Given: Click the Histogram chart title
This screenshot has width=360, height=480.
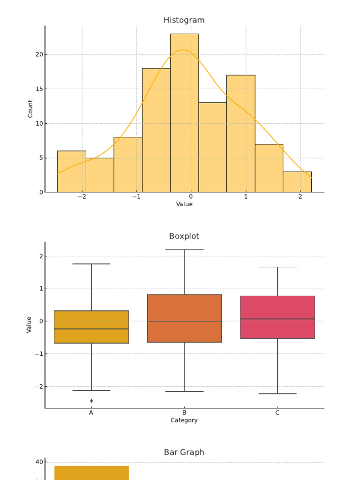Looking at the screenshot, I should tap(184, 20).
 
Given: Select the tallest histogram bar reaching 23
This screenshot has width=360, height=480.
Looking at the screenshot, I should tap(184, 112).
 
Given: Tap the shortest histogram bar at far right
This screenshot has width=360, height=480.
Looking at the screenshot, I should tap(297, 182).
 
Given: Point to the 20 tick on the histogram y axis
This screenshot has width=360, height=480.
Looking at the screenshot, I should tap(38, 54).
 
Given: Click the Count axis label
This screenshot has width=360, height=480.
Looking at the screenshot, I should tap(30, 109).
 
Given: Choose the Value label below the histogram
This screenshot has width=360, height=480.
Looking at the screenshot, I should tap(184, 204).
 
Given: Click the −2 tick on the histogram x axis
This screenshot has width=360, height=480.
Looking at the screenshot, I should tap(82, 197).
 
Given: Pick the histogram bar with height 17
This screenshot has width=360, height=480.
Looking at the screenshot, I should tap(240, 134).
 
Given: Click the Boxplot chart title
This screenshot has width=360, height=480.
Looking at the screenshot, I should tap(184, 236).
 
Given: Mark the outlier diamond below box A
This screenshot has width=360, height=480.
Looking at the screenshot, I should tap(91, 401).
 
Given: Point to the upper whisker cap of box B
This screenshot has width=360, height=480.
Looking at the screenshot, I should tap(184, 249).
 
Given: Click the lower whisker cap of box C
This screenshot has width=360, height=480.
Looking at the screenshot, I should tap(277, 394).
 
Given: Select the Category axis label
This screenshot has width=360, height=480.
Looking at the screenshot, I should tap(184, 420).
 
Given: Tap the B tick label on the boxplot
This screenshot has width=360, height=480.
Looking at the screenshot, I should tap(184, 413).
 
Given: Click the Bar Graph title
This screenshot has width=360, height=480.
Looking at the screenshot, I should tap(184, 452).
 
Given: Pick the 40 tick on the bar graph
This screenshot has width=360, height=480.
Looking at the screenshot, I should tap(38, 462).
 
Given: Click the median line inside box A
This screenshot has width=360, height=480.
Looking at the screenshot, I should tap(91, 329).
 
